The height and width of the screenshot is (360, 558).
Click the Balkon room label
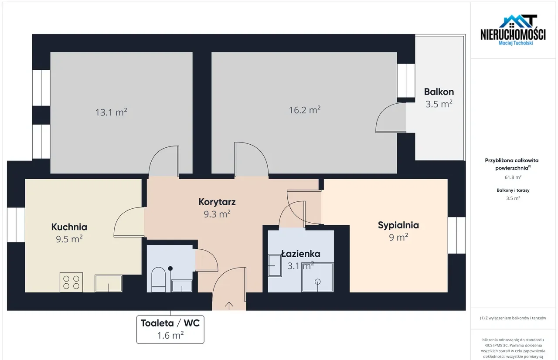click(x=439, y=92)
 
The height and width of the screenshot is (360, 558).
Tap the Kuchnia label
click(x=69, y=227)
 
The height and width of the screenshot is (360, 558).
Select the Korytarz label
click(x=217, y=202)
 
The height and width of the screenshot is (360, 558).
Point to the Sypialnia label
click(x=398, y=225)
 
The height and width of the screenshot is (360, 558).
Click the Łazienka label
click(x=301, y=254)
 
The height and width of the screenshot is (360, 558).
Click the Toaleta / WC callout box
click(x=170, y=329)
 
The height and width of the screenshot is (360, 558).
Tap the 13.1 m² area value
click(x=111, y=112)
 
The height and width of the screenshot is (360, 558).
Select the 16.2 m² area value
click(x=305, y=110)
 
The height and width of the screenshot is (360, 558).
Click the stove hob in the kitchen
click(x=71, y=282)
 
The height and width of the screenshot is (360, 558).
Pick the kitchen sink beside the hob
click(x=109, y=283)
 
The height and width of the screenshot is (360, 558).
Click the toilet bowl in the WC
click(x=158, y=279)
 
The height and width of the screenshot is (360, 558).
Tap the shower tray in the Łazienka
click(x=317, y=277)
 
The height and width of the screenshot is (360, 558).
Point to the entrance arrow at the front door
click(x=229, y=306)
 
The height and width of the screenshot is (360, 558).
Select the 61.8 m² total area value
click(x=513, y=177)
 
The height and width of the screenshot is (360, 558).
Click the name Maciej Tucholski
click(x=516, y=43)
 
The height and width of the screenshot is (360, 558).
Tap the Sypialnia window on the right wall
click(x=456, y=235)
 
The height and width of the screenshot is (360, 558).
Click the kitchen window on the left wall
click(x=16, y=225)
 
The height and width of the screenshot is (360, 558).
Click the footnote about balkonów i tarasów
click(x=513, y=318)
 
